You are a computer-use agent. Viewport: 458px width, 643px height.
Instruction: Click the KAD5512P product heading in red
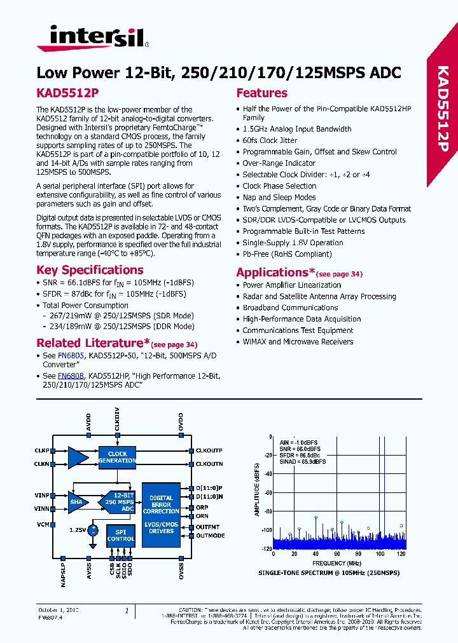point(67,93)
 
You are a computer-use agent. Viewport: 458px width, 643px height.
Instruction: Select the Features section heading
point(261,93)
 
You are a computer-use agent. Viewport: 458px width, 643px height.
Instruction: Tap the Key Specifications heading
point(90,270)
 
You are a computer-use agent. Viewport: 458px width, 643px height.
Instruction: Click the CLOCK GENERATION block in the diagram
point(118,457)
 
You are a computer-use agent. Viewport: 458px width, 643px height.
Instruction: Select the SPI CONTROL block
point(120,535)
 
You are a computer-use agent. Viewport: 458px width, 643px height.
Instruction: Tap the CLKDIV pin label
point(117,423)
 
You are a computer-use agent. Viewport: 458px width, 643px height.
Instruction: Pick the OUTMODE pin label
point(210,536)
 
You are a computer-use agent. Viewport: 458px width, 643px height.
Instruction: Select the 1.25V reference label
point(77,529)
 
